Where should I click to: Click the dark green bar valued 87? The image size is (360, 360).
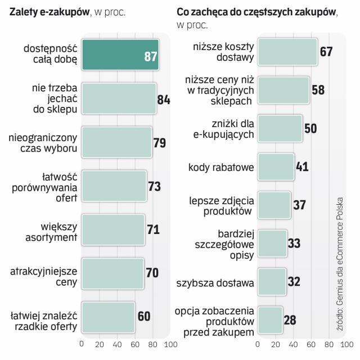pyautogui.click(x=120, y=55)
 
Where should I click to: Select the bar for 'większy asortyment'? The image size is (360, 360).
pyautogui.click(x=113, y=229)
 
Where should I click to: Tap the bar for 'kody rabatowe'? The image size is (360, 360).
pyautogui.click(x=276, y=167)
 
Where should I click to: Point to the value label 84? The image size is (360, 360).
pyautogui.click(x=164, y=100)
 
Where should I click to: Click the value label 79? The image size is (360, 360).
pyautogui.click(x=160, y=142)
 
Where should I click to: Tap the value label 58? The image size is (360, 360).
pyautogui.click(x=318, y=90)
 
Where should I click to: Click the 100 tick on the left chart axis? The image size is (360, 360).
pyautogui.click(x=169, y=344)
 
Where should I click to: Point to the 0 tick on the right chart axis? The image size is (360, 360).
pyautogui.click(x=258, y=344)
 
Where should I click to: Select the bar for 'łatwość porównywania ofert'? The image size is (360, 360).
pyautogui.click(x=114, y=185)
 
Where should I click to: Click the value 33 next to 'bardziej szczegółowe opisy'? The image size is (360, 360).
pyautogui.click(x=294, y=244)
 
